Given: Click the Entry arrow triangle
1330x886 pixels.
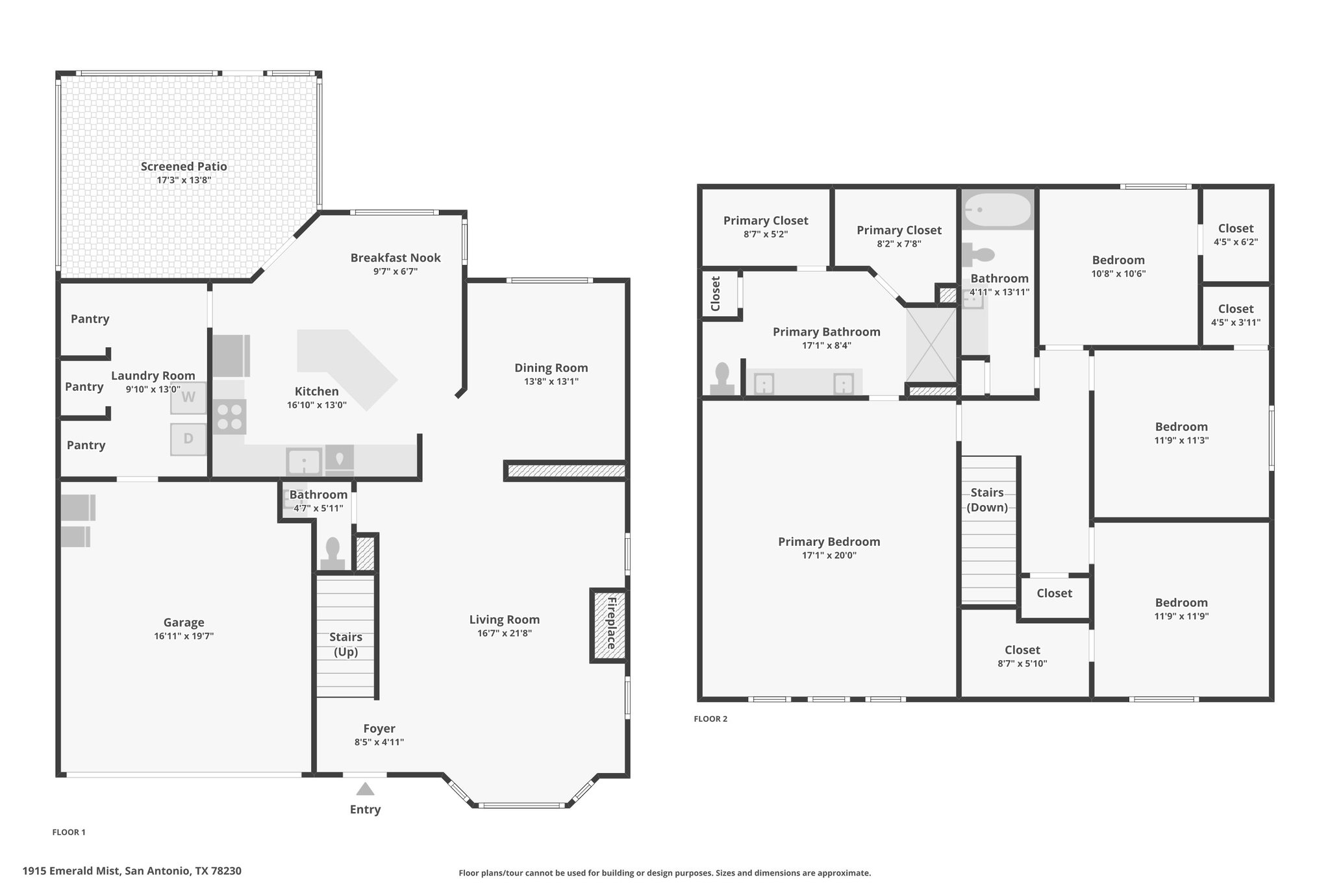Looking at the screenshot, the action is point(365,789).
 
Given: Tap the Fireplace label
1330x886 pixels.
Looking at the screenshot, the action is point(611,624).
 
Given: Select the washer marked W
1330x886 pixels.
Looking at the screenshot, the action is point(188,397).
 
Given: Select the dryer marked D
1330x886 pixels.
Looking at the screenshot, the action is point(188,439).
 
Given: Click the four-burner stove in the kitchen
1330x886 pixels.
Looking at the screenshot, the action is point(229,416).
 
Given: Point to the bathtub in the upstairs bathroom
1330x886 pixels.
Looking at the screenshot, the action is point(997,210).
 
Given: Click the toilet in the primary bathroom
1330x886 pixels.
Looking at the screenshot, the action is point(722,379).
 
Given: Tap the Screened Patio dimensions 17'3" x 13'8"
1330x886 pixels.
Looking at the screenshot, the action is point(184,180).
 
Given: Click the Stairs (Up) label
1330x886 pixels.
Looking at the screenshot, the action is point(345,645).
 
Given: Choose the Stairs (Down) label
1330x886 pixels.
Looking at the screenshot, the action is point(987,500).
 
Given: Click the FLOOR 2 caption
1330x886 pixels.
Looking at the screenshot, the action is point(710,719).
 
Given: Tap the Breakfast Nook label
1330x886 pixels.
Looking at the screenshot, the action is point(395,258).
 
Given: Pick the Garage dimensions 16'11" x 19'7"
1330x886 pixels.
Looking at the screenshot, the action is point(184,636).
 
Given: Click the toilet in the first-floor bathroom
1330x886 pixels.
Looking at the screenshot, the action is point(332,554).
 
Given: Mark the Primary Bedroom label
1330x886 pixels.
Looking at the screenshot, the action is point(829,541).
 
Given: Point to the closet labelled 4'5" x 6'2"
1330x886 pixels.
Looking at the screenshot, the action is point(1235,234).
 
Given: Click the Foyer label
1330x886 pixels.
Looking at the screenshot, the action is point(379,728).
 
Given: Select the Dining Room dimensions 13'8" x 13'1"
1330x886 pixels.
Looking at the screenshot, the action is point(551,382).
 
